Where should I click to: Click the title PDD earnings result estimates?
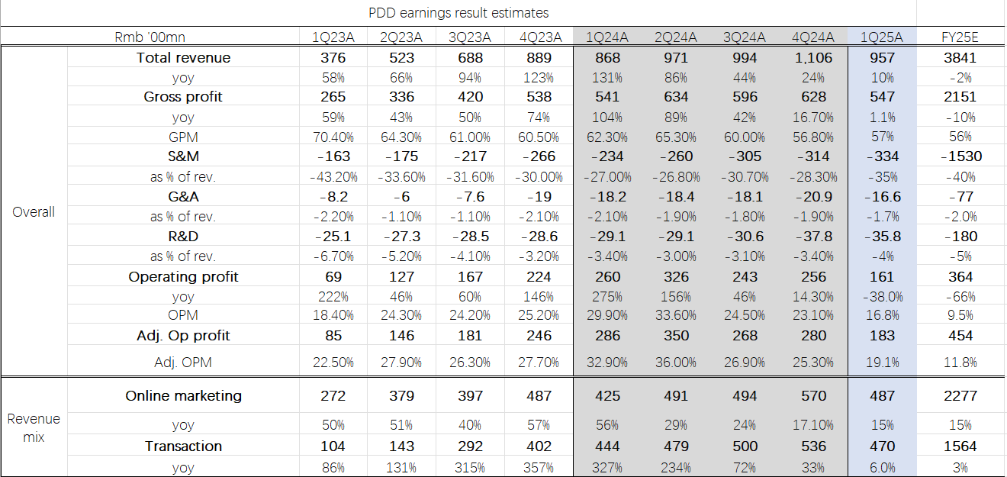point(458,13)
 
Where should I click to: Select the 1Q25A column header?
point(881,37)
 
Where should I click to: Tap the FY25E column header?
point(960,37)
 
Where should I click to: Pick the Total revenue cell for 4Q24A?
point(813,58)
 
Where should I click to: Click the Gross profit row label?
point(183,97)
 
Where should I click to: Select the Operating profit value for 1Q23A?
point(333,276)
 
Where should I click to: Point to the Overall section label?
point(34,212)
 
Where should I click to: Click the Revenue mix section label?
point(34,428)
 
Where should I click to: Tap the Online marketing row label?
point(183,395)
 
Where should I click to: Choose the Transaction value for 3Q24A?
point(745,446)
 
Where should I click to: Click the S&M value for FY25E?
point(960,156)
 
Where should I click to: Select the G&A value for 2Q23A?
point(401,196)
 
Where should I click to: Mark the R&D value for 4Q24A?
point(813,237)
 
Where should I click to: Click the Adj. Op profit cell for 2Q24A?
point(676,335)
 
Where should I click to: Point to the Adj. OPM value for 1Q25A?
point(881,363)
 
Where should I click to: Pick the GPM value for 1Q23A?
point(333,137)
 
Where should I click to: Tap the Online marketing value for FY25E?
point(960,395)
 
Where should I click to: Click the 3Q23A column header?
point(470,37)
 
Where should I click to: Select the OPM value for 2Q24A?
point(676,315)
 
